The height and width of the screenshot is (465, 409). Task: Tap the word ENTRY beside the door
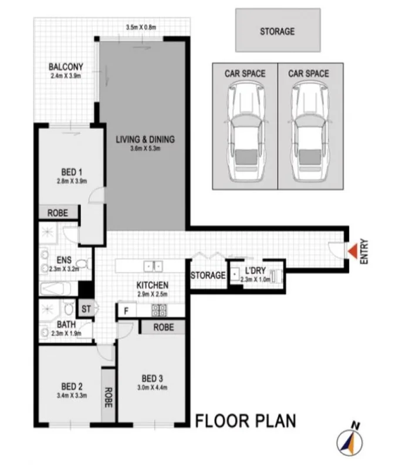(366, 251)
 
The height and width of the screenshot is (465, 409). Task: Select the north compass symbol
(348, 440)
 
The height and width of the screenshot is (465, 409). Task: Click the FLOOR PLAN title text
(245, 421)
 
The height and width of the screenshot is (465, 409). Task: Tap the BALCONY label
(66, 67)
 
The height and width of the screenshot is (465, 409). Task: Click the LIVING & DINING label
(146, 140)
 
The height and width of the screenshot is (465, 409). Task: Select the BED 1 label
(69, 172)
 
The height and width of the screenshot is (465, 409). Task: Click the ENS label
(64, 260)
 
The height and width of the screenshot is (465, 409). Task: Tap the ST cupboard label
(86, 308)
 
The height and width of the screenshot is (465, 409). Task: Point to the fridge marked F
(126, 309)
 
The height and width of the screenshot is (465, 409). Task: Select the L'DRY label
(256, 271)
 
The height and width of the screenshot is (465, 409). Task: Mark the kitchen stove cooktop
(160, 309)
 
